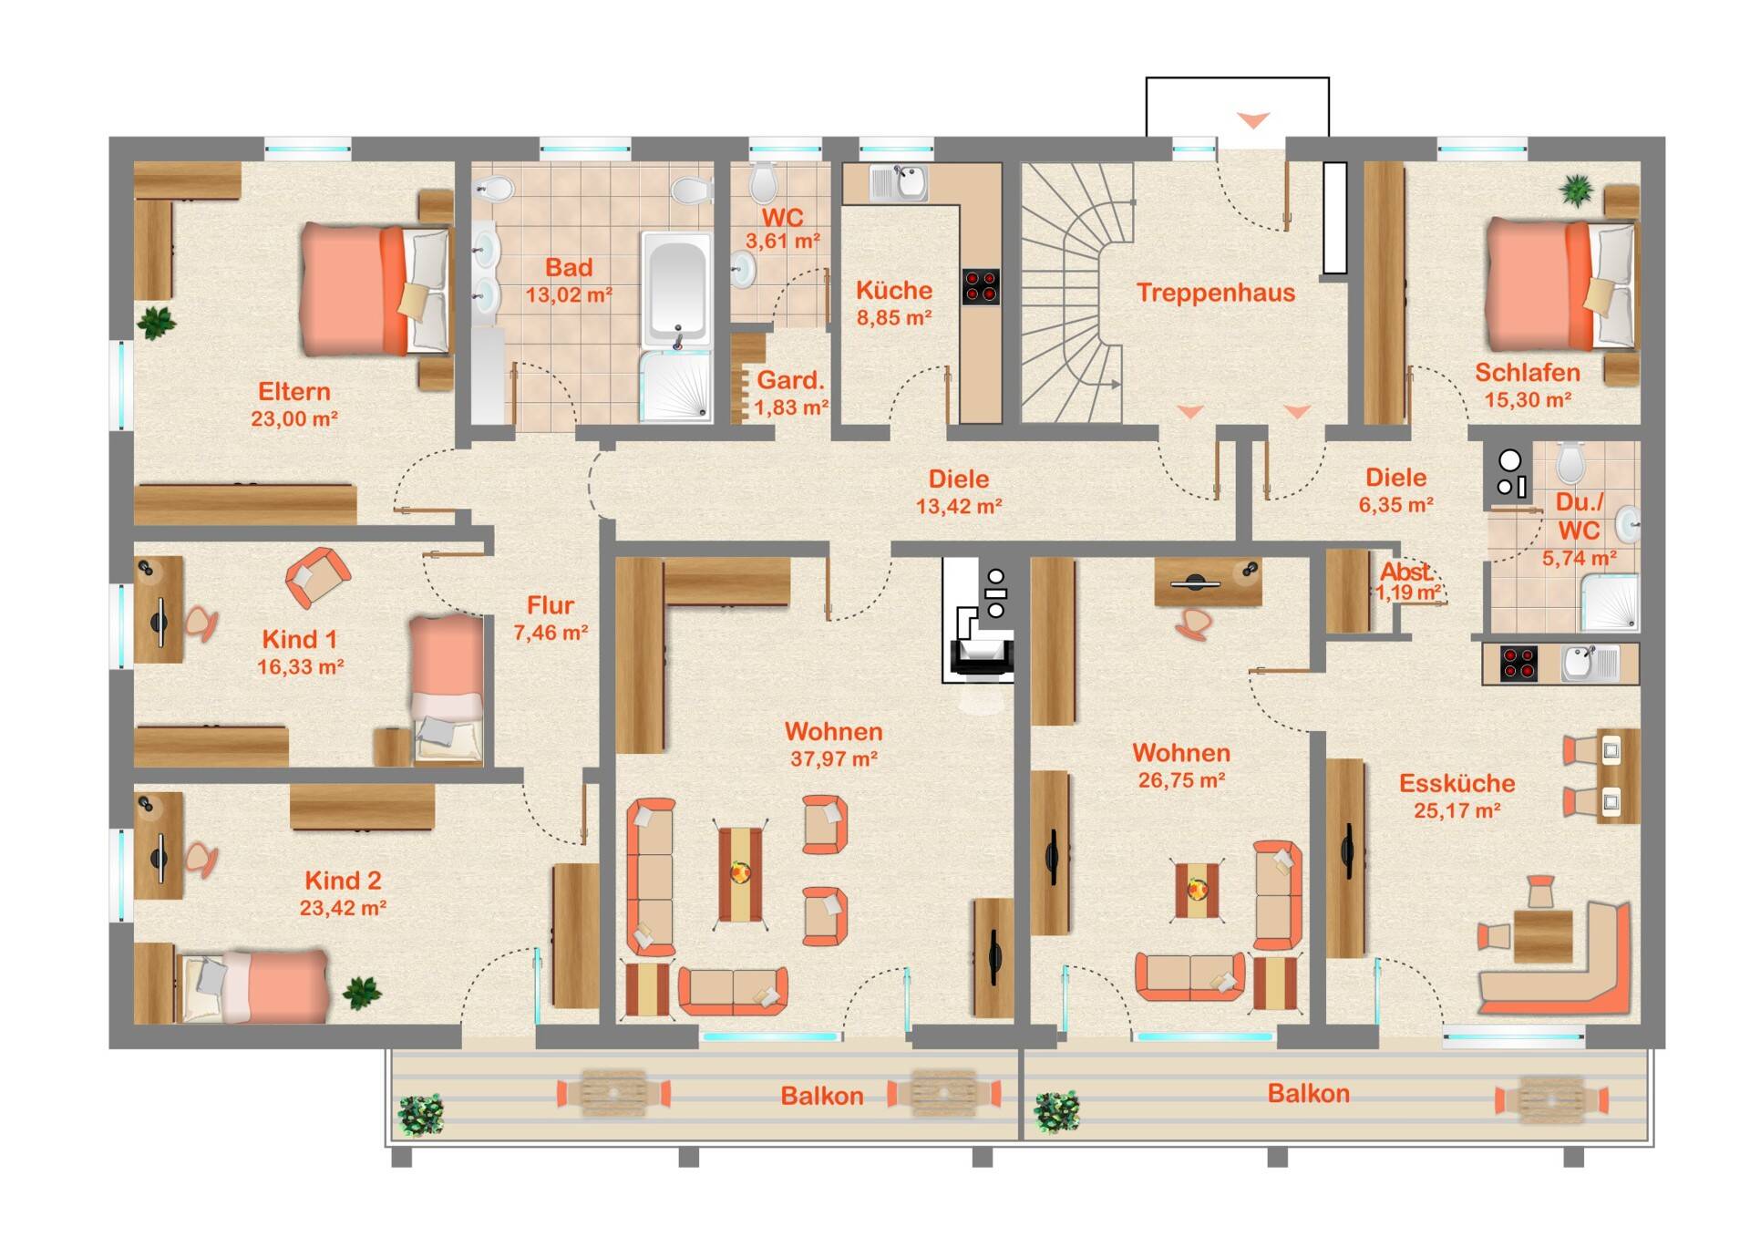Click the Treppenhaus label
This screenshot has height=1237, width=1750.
[x=1215, y=293]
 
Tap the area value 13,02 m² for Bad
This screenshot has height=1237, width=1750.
[x=569, y=295]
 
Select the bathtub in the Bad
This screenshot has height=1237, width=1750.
[x=675, y=289]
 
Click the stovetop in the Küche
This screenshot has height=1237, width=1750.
[x=981, y=286]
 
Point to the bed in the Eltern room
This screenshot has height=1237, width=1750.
[x=376, y=289]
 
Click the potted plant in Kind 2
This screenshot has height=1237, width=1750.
[x=362, y=992]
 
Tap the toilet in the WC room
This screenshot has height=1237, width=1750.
[x=764, y=182]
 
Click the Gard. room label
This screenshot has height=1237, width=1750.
[x=790, y=380]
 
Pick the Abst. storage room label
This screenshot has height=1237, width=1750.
[x=1405, y=572]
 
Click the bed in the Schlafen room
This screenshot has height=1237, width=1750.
[x=1560, y=285]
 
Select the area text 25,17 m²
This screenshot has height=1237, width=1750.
[x=1457, y=810]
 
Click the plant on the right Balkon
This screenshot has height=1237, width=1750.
[x=1057, y=1111]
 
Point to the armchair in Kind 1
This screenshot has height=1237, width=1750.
[x=318, y=577]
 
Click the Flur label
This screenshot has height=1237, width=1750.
[x=551, y=605]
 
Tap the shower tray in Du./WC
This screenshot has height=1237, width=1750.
[x=1610, y=602]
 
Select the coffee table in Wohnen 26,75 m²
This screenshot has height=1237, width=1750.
[x=1197, y=889]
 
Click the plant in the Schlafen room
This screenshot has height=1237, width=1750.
[x=1576, y=191]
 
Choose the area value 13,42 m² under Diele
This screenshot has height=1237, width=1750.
[x=959, y=506]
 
